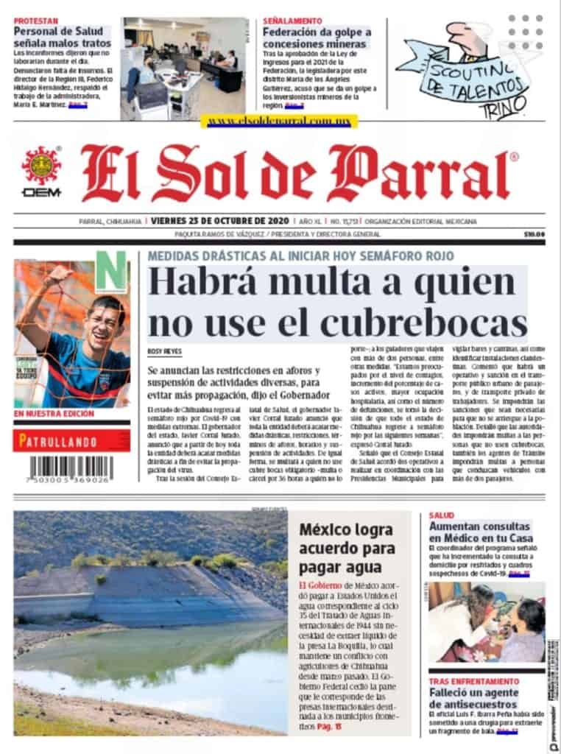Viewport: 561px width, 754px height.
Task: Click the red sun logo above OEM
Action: pyautogui.click(x=41, y=165)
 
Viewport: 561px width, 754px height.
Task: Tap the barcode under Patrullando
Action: pyautogui.click(x=71, y=469)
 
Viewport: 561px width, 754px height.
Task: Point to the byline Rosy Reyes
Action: pyautogui.click(x=164, y=352)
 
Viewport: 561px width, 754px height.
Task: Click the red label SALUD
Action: pyautogui.click(x=442, y=515)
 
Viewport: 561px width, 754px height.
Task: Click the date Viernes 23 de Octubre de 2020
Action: pyautogui.click(x=219, y=221)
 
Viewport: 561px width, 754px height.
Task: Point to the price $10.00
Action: pyautogui.click(x=534, y=234)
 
